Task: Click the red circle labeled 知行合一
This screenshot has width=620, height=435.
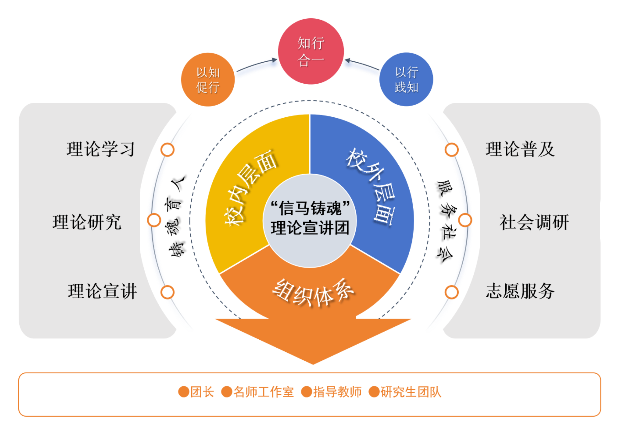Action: pos(311,51)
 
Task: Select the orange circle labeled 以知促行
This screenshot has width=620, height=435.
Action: pos(208,79)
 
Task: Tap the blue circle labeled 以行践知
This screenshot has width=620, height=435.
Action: pos(406,79)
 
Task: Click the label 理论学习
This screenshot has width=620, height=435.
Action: pos(100,149)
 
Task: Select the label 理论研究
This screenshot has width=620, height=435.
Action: pos(87,222)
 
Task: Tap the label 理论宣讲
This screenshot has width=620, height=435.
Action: pos(102,291)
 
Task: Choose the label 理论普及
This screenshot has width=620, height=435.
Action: pos(520,149)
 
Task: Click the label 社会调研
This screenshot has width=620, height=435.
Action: pos(534,222)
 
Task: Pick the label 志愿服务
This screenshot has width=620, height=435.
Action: pos(520,291)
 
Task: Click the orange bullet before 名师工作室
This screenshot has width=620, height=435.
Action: pos(227,392)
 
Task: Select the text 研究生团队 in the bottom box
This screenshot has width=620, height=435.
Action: pos(411,392)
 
